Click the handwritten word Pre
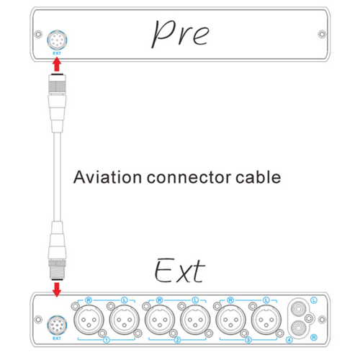point(181,34)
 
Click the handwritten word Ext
point(180,271)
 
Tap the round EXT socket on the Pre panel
point(57,40)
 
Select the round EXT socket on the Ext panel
point(57,325)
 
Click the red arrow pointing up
point(57,65)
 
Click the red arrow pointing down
point(57,289)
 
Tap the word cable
point(258,177)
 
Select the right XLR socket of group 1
point(124,320)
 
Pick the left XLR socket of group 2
point(160,320)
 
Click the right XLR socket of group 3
point(266,320)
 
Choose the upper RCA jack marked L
point(298,309)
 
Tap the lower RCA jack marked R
point(298,328)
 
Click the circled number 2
point(177,340)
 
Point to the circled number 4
point(289,340)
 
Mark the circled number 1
point(107,340)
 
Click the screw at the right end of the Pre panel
point(322,35)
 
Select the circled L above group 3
point(266,300)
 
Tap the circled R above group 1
point(89,300)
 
